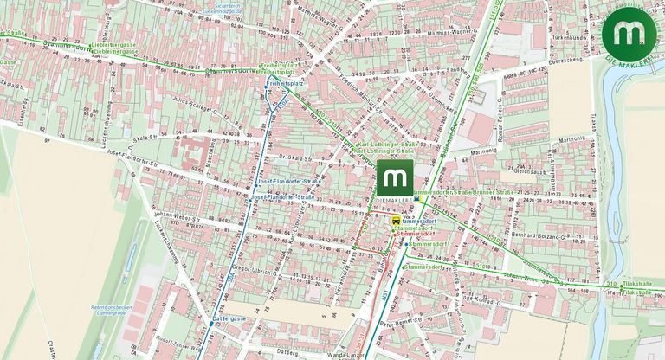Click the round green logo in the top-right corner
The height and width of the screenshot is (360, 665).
(630, 33)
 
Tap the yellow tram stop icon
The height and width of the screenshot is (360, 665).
(397, 222)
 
